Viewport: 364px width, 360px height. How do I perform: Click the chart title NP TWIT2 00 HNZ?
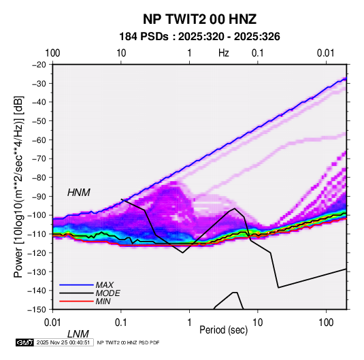tap(199, 19)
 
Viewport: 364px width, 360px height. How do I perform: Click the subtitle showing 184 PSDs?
tap(199, 37)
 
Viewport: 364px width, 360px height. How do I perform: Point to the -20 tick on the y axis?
tap(39, 65)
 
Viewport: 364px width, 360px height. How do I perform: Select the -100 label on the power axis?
tap(37, 215)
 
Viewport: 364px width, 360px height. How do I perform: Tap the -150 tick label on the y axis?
tap(37, 310)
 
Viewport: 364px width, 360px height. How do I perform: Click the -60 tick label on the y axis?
tap(39, 140)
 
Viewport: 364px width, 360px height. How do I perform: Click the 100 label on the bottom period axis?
tap(326, 323)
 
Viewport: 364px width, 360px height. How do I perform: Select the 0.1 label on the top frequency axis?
tap(258, 53)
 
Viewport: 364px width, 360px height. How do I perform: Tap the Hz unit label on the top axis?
tap(224, 53)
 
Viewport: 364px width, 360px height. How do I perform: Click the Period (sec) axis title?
tap(224, 330)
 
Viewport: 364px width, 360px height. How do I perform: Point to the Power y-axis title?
tap(19, 187)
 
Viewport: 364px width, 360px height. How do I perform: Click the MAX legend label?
tap(105, 285)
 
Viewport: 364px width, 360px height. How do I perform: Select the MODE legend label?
tap(108, 293)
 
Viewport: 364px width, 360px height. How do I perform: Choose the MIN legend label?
tap(103, 301)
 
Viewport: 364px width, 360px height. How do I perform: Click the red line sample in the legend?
tap(76, 301)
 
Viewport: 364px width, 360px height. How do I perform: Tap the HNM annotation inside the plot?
tap(79, 193)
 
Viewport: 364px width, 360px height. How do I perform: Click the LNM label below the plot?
tap(78, 334)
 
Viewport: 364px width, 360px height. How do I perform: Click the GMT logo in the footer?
tap(24, 342)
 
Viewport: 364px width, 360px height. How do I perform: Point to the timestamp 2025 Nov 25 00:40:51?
tap(63, 342)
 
